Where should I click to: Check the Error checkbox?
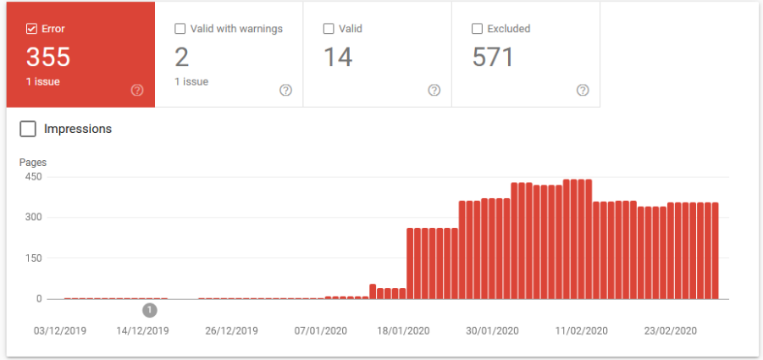[x=31, y=29]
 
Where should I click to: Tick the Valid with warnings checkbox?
[x=180, y=29]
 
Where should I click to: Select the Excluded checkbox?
[x=477, y=29]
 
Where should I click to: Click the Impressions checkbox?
[x=28, y=129]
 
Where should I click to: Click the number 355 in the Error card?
[x=47, y=58]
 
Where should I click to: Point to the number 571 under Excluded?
[x=494, y=58]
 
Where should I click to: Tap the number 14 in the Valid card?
[x=338, y=58]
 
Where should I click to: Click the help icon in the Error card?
[x=137, y=91]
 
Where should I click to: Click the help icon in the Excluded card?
[x=583, y=91]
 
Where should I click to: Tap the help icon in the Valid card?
[x=434, y=91]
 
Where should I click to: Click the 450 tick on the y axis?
[x=32, y=177]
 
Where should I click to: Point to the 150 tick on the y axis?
[x=32, y=258]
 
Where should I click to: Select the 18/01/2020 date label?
[x=404, y=330]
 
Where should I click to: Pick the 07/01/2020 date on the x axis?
[x=321, y=330]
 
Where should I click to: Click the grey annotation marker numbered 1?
[x=150, y=310]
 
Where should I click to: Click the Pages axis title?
[x=33, y=162]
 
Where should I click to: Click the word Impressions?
[x=78, y=129]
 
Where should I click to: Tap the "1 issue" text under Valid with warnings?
[x=191, y=82]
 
